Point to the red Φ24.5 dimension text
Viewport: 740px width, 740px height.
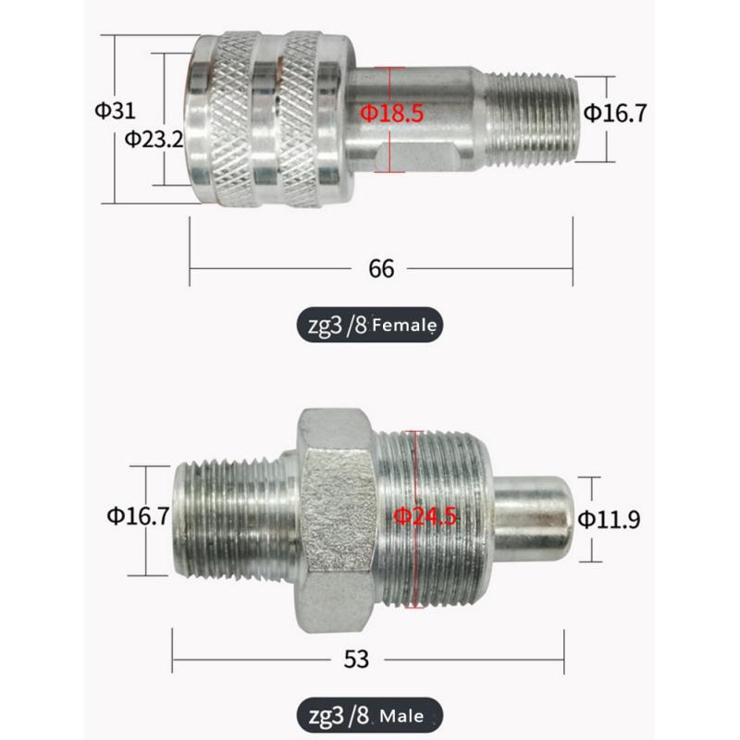tap(425, 516)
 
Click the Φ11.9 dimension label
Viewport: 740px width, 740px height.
tap(609, 518)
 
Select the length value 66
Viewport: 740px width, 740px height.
tap(381, 268)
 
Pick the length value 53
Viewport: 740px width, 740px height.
tap(356, 659)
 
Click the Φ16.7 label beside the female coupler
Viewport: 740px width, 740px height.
tap(614, 113)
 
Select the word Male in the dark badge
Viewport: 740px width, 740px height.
tap(401, 715)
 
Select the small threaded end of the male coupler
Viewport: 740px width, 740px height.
tap(231, 513)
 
